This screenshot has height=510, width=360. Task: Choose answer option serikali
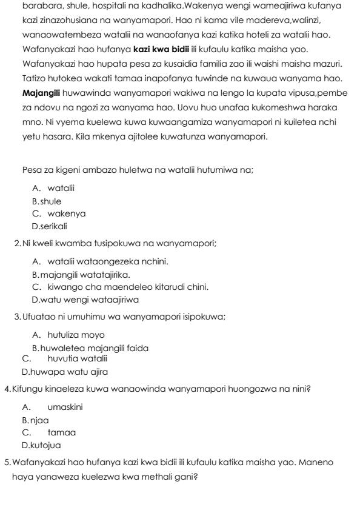pyautogui.click(x=53, y=226)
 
